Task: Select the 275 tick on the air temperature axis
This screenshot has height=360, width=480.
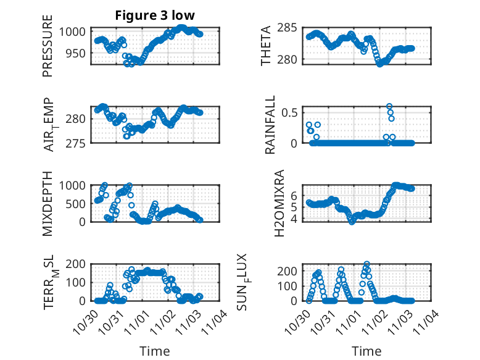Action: pos(79,143)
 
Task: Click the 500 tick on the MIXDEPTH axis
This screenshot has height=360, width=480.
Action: pos(79,203)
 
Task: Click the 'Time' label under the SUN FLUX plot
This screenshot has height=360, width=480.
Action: pos(366,351)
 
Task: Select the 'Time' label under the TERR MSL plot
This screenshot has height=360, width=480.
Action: pos(154,351)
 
